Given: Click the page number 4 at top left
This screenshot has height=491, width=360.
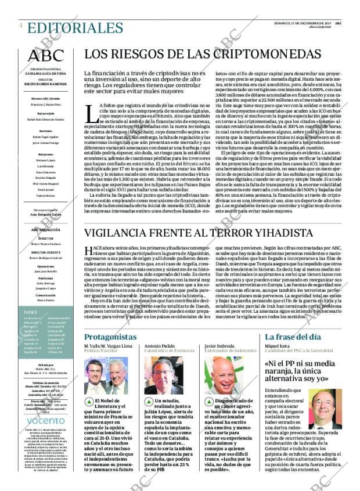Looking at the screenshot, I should (20, 26).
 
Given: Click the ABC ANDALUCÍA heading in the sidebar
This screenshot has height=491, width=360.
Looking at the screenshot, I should (46, 230).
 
